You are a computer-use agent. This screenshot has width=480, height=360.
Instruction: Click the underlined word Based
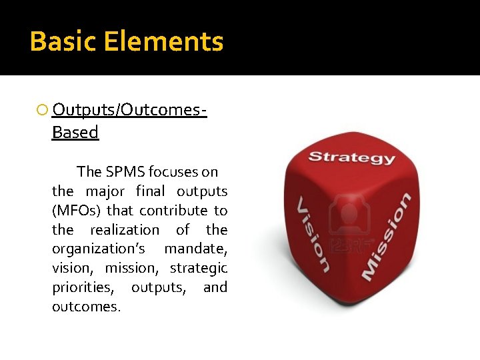click(x=75, y=133)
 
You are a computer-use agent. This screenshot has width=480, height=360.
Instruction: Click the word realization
click(x=125, y=230)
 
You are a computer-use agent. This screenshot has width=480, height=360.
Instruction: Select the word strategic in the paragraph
click(x=199, y=269)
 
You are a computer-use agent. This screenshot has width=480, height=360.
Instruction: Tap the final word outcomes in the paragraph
click(x=86, y=307)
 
